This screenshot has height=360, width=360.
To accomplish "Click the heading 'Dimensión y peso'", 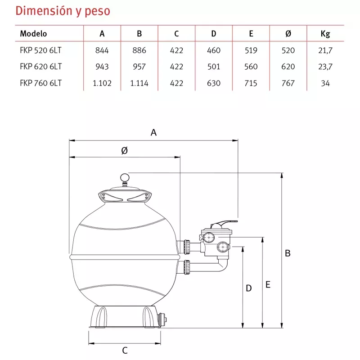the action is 63,11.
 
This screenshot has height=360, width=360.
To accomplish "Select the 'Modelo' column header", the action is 33,33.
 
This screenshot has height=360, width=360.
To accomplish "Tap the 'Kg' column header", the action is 325,34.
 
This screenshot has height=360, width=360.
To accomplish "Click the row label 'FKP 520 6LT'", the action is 40,50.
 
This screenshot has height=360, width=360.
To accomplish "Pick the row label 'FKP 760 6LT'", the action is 41,83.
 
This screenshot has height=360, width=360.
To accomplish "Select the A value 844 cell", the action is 102,50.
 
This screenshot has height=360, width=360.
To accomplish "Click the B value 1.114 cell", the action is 139,83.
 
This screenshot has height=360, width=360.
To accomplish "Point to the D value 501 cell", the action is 213,67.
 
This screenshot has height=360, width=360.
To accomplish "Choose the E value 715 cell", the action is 251,83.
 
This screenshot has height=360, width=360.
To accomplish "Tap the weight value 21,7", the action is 325,50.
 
